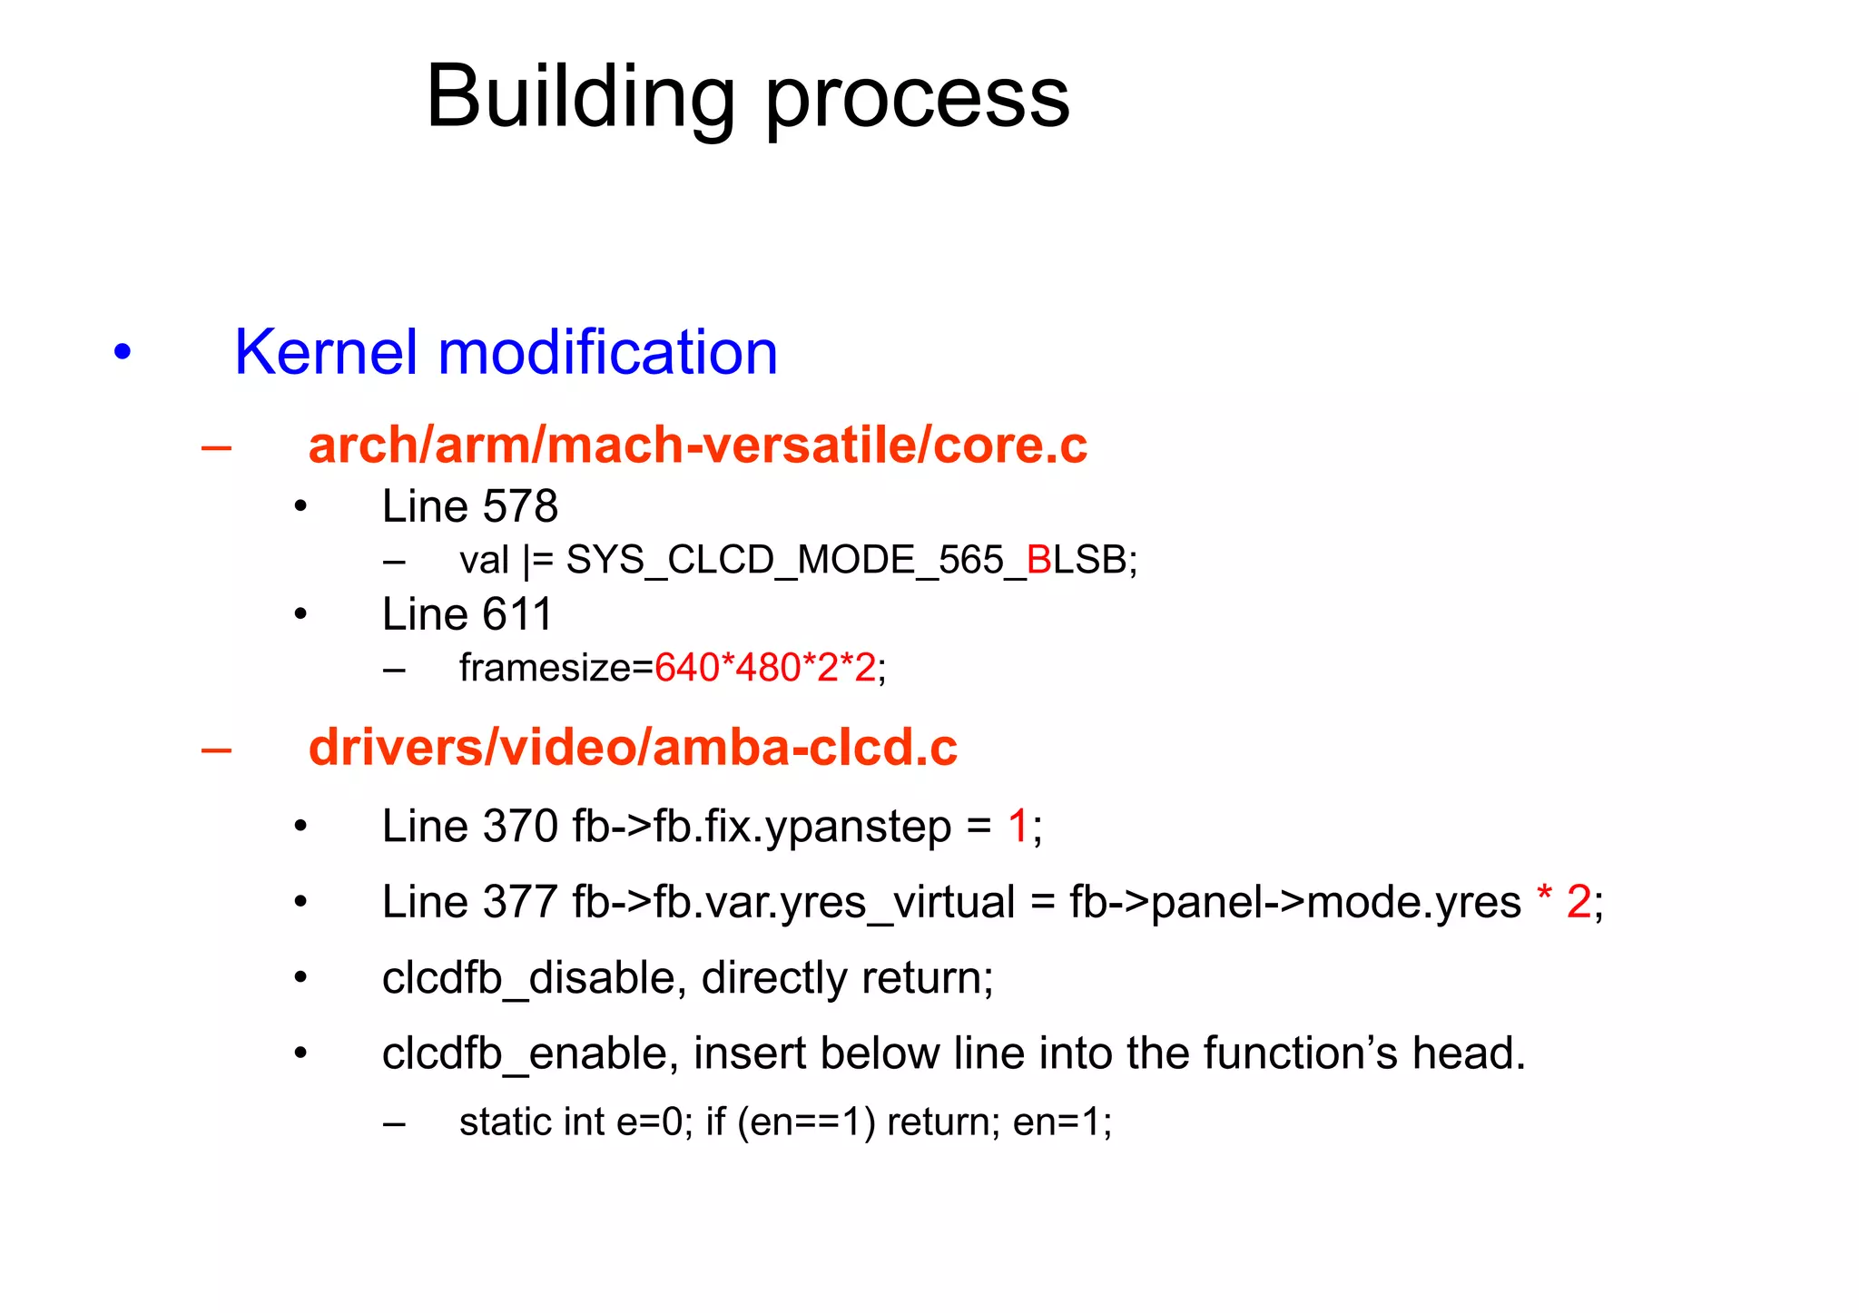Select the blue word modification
607,352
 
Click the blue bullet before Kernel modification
123,352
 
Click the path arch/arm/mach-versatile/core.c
697,446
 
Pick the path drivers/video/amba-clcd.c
633,748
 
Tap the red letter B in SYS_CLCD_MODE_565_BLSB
1038,560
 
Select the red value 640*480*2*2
764,668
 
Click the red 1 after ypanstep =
1018,827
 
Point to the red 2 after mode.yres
1578,902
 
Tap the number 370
520,827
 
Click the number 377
520,902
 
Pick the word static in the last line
507,1122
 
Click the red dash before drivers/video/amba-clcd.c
216,749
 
